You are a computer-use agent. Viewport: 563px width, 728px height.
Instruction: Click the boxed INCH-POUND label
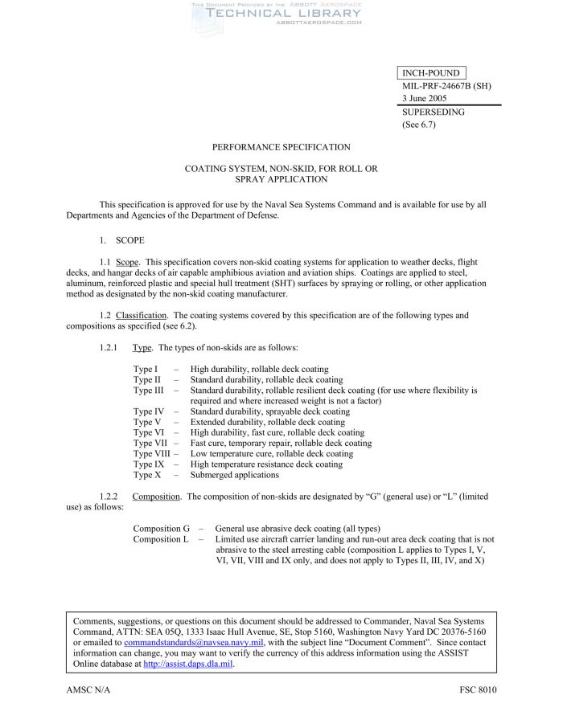430,73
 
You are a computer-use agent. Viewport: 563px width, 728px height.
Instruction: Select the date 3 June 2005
425,98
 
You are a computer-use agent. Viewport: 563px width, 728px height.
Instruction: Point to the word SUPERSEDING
433,112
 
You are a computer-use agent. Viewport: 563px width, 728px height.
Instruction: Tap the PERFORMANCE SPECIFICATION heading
281,147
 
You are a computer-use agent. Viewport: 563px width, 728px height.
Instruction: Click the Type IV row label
147,411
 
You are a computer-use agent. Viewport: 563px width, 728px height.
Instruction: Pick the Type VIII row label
152,453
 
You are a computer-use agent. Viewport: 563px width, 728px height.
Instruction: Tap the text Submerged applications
234,475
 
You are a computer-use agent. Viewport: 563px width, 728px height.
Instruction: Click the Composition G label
161,529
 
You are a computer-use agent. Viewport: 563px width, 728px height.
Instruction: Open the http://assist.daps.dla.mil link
188,665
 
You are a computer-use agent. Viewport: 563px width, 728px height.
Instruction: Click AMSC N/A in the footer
87,691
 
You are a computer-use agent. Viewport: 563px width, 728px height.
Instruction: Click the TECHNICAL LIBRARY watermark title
283,13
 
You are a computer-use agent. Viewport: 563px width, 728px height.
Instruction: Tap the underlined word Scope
127,262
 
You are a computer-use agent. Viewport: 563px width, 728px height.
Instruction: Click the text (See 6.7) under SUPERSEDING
418,125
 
